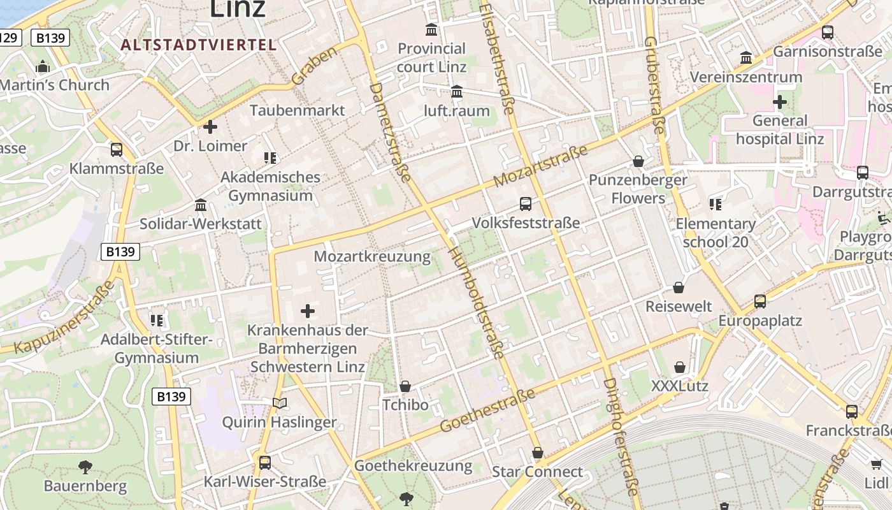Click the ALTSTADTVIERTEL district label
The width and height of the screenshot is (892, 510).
click(198, 45)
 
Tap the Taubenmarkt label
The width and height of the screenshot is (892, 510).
click(297, 110)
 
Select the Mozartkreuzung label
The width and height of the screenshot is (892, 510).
click(372, 257)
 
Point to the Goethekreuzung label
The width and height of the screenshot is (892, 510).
click(414, 466)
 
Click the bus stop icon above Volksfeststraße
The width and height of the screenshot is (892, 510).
click(526, 204)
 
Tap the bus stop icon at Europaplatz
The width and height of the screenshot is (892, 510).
click(759, 302)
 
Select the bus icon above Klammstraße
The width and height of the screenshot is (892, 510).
click(117, 150)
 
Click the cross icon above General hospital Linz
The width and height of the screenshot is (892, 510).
click(779, 102)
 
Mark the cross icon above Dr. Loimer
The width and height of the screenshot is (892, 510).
click(210, 127)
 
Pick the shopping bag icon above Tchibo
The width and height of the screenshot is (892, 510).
click(405, 386)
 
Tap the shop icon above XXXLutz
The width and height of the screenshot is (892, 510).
click(680, 367)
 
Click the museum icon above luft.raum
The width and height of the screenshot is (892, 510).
click(457, 92)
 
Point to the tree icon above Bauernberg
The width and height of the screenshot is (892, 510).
click(85, 467)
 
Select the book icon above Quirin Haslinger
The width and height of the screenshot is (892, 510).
click(279, 403)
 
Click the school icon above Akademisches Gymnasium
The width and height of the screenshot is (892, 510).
click(270, 157)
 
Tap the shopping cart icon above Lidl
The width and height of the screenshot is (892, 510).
click(877, 464)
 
